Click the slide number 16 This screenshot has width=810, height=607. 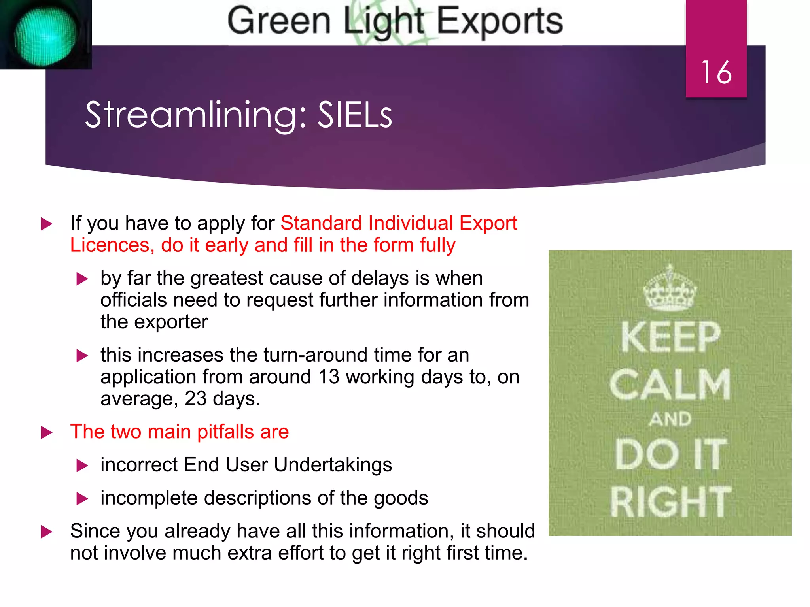[x=716, y=73]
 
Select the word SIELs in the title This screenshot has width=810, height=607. [x=355, y=115]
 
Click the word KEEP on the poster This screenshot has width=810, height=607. [x=670, y=337]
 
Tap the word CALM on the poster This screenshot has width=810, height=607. [x=670, y=385]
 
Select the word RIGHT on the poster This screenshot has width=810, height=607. [x=670, y=502]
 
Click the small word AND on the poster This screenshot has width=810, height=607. [x=670, y=419]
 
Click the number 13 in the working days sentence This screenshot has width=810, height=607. [x=329, y=377]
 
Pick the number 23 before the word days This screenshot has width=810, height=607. [x=195, y=399]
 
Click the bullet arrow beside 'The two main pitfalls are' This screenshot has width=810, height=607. [x=47, y=432]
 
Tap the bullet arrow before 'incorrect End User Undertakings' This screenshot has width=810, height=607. [x=82, y=466]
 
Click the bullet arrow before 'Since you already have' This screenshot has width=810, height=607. [x=47, y=532]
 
